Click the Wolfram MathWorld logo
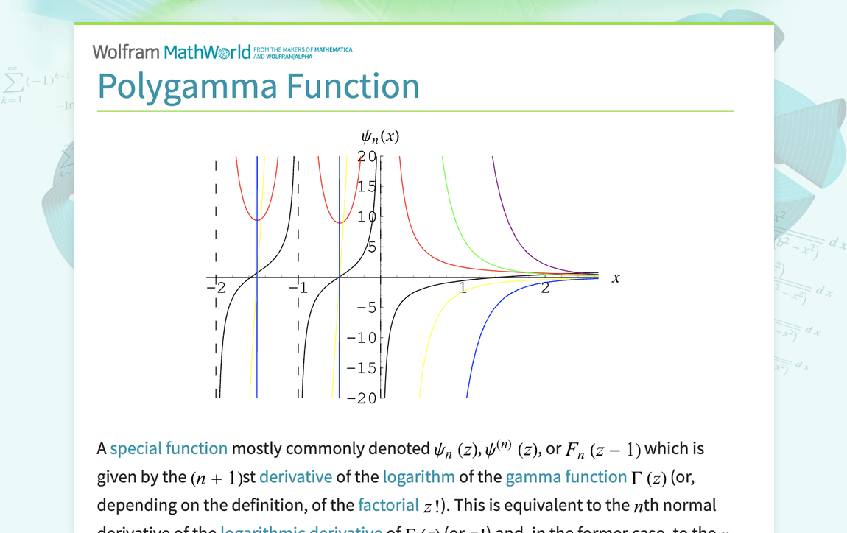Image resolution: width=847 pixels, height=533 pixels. tap(171, 52)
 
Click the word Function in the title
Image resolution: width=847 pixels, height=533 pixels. tap(352, 86)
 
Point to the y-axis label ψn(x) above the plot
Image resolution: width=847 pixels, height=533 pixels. tap(380, 136)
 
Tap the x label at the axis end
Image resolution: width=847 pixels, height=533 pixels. tap(616, 278)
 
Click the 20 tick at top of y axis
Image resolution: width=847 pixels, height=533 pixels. tap(367, 156)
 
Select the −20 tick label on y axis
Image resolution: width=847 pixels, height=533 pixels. tap(362, 398)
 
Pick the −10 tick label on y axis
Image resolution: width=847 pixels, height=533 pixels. tap(362, 338)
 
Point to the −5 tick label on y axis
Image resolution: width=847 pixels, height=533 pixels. tap(366, 308)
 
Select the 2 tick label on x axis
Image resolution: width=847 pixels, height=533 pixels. tap(545, 288)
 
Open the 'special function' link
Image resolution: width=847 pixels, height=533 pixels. tap(169, 448)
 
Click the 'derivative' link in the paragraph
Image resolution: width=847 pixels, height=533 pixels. tap(295, 476)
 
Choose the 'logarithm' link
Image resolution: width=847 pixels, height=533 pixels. tap(418, 476)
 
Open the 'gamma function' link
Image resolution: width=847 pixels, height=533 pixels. tap(566, 476)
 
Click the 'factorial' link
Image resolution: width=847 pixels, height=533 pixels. tap(388, 505)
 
